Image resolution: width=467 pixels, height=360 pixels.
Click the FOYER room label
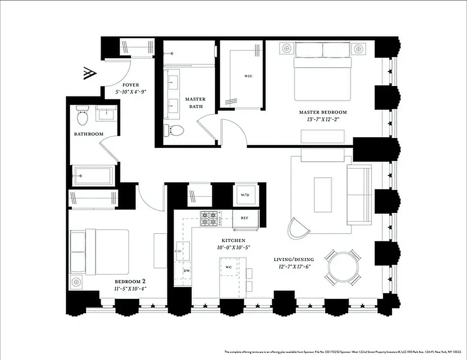pyautogui.click(x=131, y=85)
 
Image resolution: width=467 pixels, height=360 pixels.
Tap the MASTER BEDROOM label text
pyautogui.click(x=323, y=112)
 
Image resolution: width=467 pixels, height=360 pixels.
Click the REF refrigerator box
pyautogui.click(x=245, y=218)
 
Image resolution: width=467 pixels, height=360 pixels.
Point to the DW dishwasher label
pyautogui.click(x=186, y=270)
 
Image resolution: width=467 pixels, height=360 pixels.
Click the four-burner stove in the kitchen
pyautogui.click(x=209, y=218)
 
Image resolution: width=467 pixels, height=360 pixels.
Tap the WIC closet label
pyautogui.click(x=248, y=76)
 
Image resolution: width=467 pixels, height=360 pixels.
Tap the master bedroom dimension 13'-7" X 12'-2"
pyautogui.click(x=323, y=119)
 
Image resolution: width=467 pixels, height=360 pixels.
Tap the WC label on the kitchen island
pyautogui.click(x=228, y=267)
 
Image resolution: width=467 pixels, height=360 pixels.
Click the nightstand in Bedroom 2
pyautogui.click(x=76, y=282)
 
